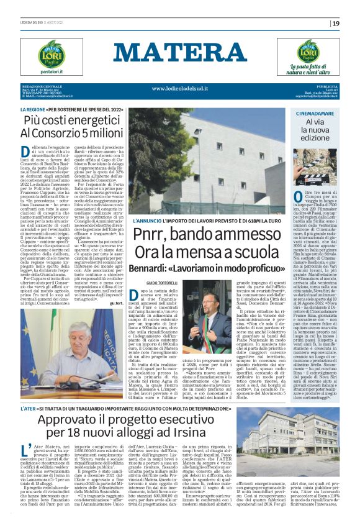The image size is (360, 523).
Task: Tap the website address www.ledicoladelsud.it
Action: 180,88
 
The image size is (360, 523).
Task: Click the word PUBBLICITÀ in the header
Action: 329,86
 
